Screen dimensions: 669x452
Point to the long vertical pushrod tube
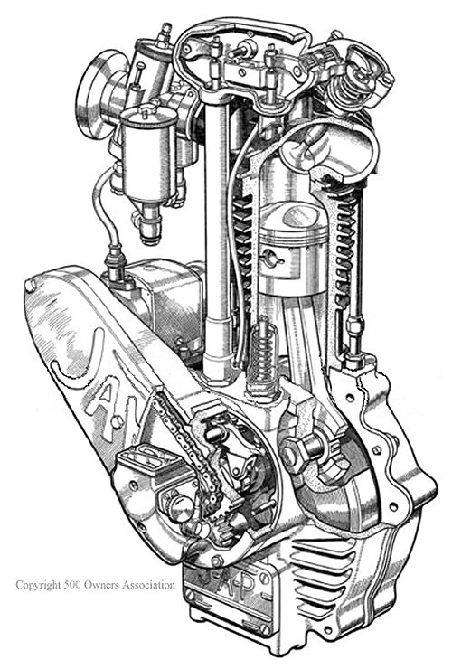coord(215,226)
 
